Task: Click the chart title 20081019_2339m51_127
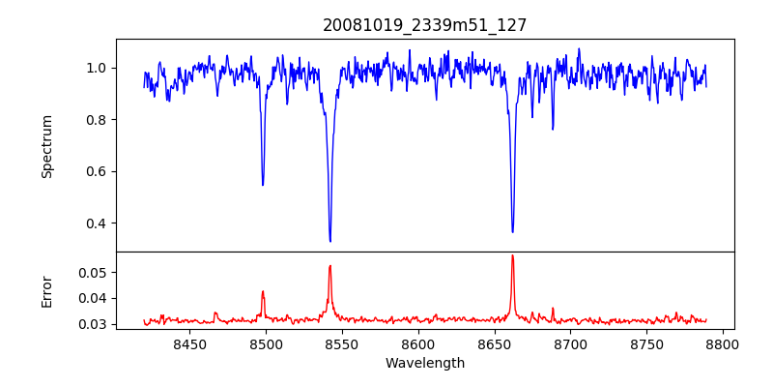[425, 26]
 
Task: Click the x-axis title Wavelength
[425, 363]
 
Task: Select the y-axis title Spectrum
[47, 146]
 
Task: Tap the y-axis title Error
[47, 291]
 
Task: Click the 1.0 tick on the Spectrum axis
[98, 68]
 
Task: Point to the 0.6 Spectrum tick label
[98, 171]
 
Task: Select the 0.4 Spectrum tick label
[98, 223]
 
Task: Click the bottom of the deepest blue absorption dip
[330, 241]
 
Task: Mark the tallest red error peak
[512, 255]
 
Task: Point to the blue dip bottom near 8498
[263, 185]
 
